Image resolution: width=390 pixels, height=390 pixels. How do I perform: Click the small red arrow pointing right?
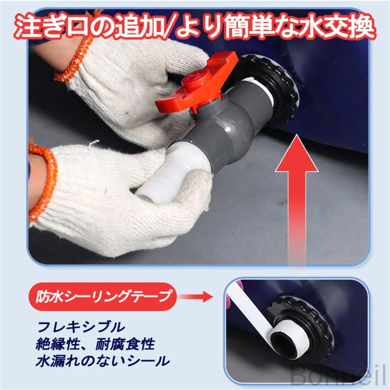pyautogui.click(x=196, y=296)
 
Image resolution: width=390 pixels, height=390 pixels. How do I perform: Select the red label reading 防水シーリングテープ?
pyautogui.click(x=103, y=296)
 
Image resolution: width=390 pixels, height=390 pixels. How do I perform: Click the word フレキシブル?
pyautogui.click(x=81, y=327)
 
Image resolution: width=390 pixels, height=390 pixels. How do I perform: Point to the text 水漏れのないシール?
pyautogui.click(x=102, y=361)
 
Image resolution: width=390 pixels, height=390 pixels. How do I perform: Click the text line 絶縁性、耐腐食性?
pyautogui.click(x=95, y=344)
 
